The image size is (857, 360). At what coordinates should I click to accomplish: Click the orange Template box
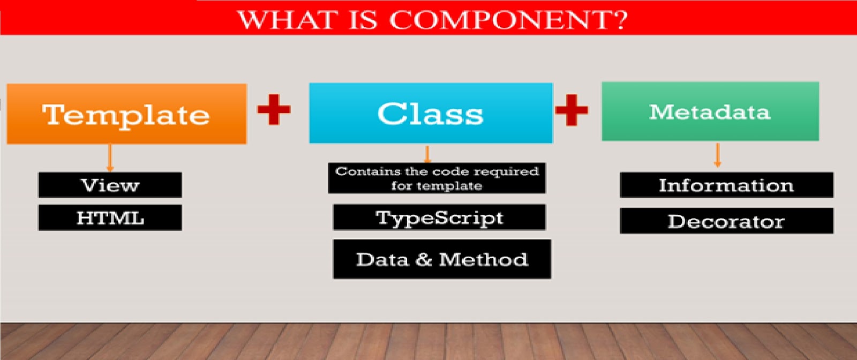click(x=126, y=114)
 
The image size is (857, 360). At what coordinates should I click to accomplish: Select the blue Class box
click(x=431, y=113)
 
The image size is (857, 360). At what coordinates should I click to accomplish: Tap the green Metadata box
click(x=710, y=111)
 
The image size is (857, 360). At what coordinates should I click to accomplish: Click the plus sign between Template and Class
click(x=274, y=109)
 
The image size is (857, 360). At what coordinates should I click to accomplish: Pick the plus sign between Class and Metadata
click(x=572, y=110)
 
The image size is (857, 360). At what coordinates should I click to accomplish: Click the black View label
click(x=110, y=185)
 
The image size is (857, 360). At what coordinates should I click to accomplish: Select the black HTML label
click(x=110, y=217)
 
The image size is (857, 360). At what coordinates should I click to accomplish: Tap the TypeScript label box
click(x=439, y=217)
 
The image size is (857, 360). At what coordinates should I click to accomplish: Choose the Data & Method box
click(x=442, y=259)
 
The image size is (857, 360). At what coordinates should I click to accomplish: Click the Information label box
click(x=726, y=185)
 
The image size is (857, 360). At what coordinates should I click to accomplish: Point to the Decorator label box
click(x=726, y=221)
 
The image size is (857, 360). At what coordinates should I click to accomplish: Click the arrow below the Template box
click(x=110, y=158)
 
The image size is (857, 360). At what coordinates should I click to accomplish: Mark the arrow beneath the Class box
click(x=427, y=154)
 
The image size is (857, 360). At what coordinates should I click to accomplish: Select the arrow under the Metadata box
click(x=718, y=155)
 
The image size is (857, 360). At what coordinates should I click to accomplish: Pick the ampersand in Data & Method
click(x=424, y=259)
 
